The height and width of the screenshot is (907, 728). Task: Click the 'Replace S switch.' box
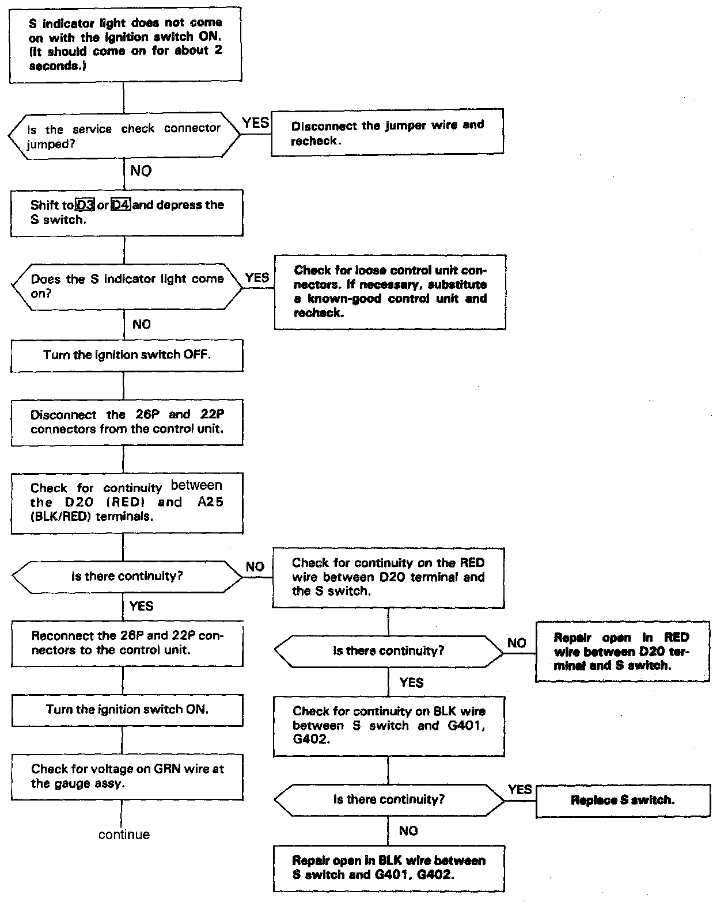(622, 800)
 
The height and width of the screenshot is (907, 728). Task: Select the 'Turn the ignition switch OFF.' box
(127, 355)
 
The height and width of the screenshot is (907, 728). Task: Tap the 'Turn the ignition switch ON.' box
(127, 710)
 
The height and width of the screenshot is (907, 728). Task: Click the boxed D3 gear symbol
(85, 205)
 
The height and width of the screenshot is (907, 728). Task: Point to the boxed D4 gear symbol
(120, 205)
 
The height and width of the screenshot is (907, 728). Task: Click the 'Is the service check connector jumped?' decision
(124, 136)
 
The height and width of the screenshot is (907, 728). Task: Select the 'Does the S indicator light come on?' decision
(127, 286)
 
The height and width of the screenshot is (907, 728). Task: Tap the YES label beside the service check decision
(256, 123)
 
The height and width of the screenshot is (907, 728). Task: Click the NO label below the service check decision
(141, 171)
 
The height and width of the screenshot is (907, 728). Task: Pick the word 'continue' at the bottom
(124, 834)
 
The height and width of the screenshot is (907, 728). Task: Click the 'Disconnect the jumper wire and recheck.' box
(387, 132)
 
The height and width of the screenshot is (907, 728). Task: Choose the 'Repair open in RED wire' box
(622, 651)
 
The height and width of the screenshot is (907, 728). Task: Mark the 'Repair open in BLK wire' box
(389, 868)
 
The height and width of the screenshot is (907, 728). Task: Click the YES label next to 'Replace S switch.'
(520, 789)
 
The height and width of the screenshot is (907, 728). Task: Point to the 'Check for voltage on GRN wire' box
(127, 776)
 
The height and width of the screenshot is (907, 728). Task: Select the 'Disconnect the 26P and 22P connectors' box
(127, 422)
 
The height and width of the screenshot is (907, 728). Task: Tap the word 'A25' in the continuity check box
(210, 502)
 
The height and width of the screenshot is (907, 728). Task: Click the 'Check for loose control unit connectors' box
(390, 292)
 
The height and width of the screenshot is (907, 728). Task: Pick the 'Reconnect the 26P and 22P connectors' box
(127, 643)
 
